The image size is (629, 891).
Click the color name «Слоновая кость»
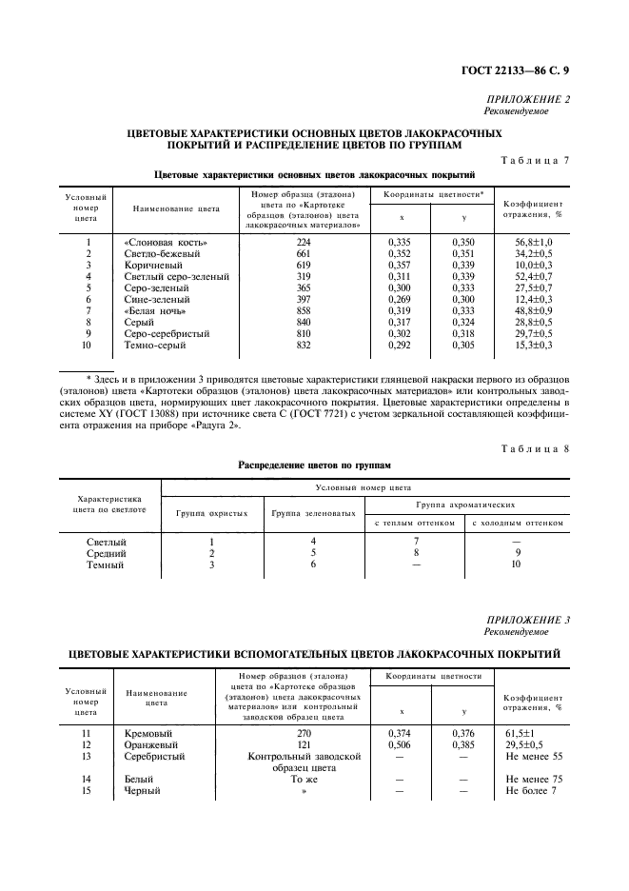coord(167,243)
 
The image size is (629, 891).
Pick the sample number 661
coord(304,254)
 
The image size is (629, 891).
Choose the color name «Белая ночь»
coord(155,311)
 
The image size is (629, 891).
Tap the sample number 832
coord(304,346)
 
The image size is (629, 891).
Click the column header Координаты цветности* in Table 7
coord(434,194)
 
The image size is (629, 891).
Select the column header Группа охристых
coord(212,514)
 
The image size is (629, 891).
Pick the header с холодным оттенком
coord(519,523)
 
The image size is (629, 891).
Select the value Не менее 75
coord(538,780)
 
